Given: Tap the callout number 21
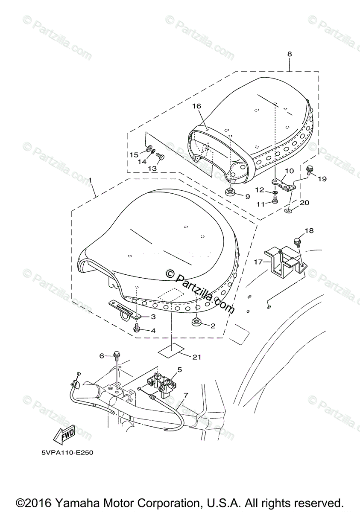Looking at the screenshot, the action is [x=196, y=357].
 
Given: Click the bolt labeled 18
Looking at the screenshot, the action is [x=297, y=242].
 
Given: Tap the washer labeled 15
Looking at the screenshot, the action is [x=150, y=149].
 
